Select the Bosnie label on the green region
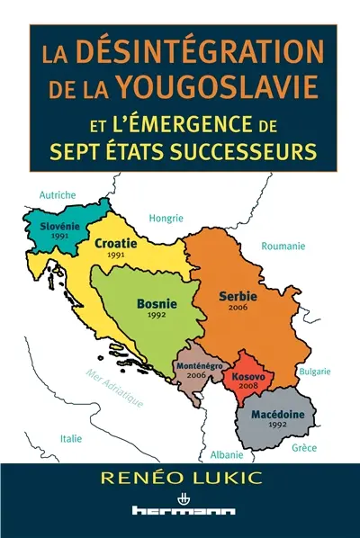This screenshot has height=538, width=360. coord(157,305)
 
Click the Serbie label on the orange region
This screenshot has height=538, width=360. coord(238,296)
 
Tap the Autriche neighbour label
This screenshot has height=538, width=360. coord(58,194)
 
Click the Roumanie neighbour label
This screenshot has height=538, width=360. coord(282,246)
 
